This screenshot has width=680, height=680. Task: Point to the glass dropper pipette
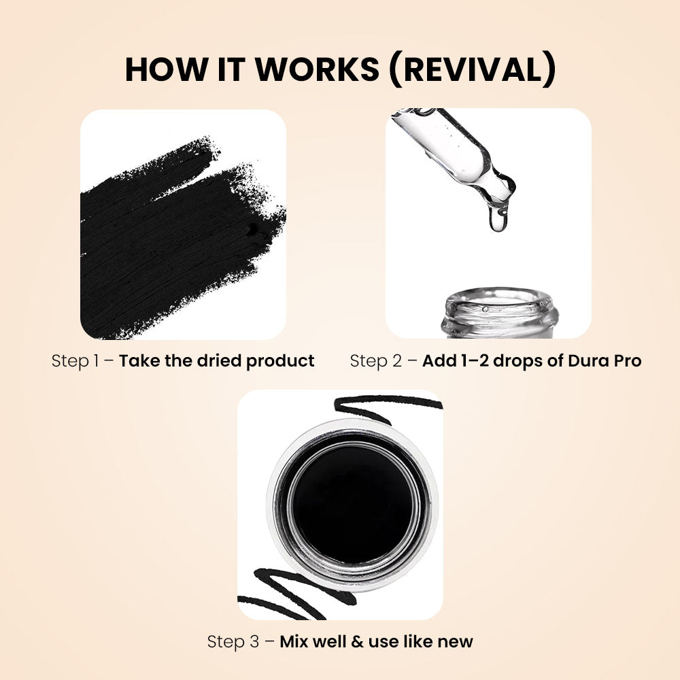(x=462, y=153)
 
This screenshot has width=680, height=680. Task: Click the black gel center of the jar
(x=352, y=503)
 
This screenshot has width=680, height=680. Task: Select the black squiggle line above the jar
(x=388, y=407)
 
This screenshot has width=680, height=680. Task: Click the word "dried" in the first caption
(x=218, y=360)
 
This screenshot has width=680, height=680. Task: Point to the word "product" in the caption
(x=280, y=360)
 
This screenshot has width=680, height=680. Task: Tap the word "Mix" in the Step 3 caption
(x=295, y=641)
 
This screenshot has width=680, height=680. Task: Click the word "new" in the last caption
(x=456, y=641)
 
